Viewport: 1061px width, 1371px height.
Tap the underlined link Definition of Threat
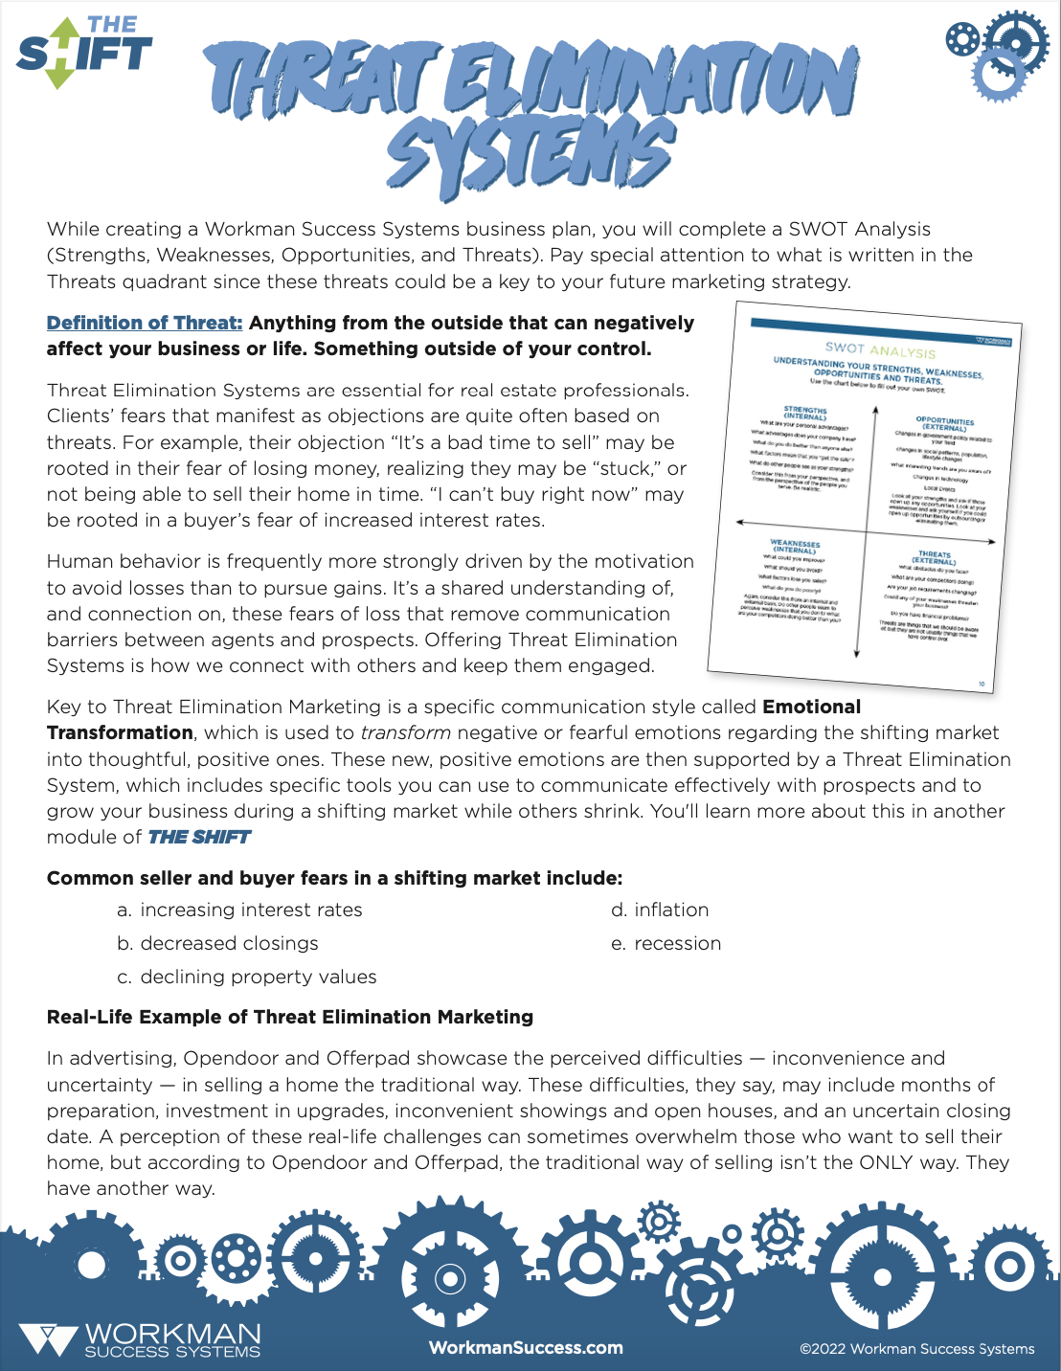(x=145, y=323)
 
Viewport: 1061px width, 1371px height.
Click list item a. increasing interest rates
(x=239, y=910)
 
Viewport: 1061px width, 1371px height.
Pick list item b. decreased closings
(x=217, y=943)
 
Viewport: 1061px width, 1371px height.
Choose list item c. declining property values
(x=246, y=977)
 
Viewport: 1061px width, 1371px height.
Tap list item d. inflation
(x=660, y=910)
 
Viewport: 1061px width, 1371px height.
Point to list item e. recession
(x=666, y=943)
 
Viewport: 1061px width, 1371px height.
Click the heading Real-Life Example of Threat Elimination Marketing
(x=290, y=1017)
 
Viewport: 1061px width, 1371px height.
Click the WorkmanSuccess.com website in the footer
(x=526, y=1347)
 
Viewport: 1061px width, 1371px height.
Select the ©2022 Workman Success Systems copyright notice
(x=916, y=1349)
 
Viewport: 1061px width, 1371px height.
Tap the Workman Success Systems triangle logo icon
(x=47, y=1338)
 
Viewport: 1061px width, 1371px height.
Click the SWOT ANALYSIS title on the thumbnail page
(x=880, y=350)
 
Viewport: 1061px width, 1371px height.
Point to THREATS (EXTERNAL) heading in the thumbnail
(x=934, y=557)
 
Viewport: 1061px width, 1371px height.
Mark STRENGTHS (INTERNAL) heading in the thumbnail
(x=804, y=413)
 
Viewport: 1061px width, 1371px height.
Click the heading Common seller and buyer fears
(x=334, y=878)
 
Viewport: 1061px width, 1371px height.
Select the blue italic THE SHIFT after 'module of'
(x=198, y=837)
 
